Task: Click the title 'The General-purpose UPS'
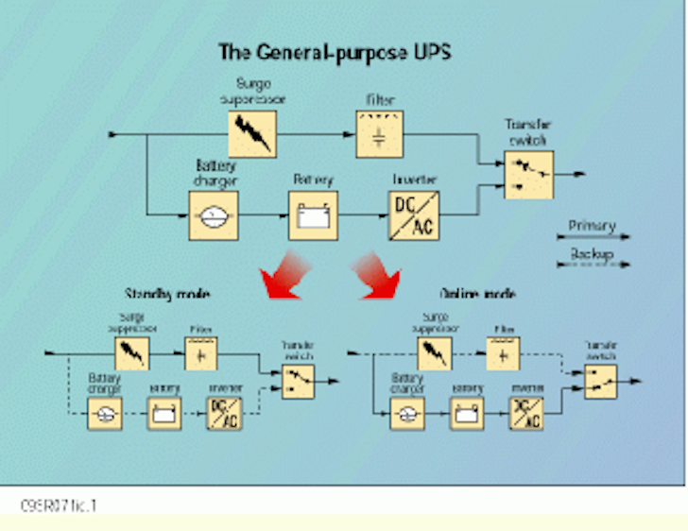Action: coord(334,51)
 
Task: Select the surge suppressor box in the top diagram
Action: coord(253,133)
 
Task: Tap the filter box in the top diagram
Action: coord(379,133)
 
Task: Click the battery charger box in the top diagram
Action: coord(214,214)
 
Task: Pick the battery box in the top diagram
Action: coord(313,214)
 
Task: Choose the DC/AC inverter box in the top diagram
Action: coord(413,214)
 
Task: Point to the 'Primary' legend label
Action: coord(592,226)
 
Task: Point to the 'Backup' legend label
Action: coord(592,254)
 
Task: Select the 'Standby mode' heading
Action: coord(167,294)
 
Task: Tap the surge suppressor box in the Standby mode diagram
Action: coord(131,353)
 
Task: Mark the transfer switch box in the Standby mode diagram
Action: coord(297,382)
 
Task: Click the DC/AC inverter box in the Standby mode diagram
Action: coord(223,413)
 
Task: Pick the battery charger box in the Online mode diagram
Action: coord(406,413)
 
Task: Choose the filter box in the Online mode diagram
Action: coord(503,353)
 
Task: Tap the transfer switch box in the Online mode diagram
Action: coord(600,382)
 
